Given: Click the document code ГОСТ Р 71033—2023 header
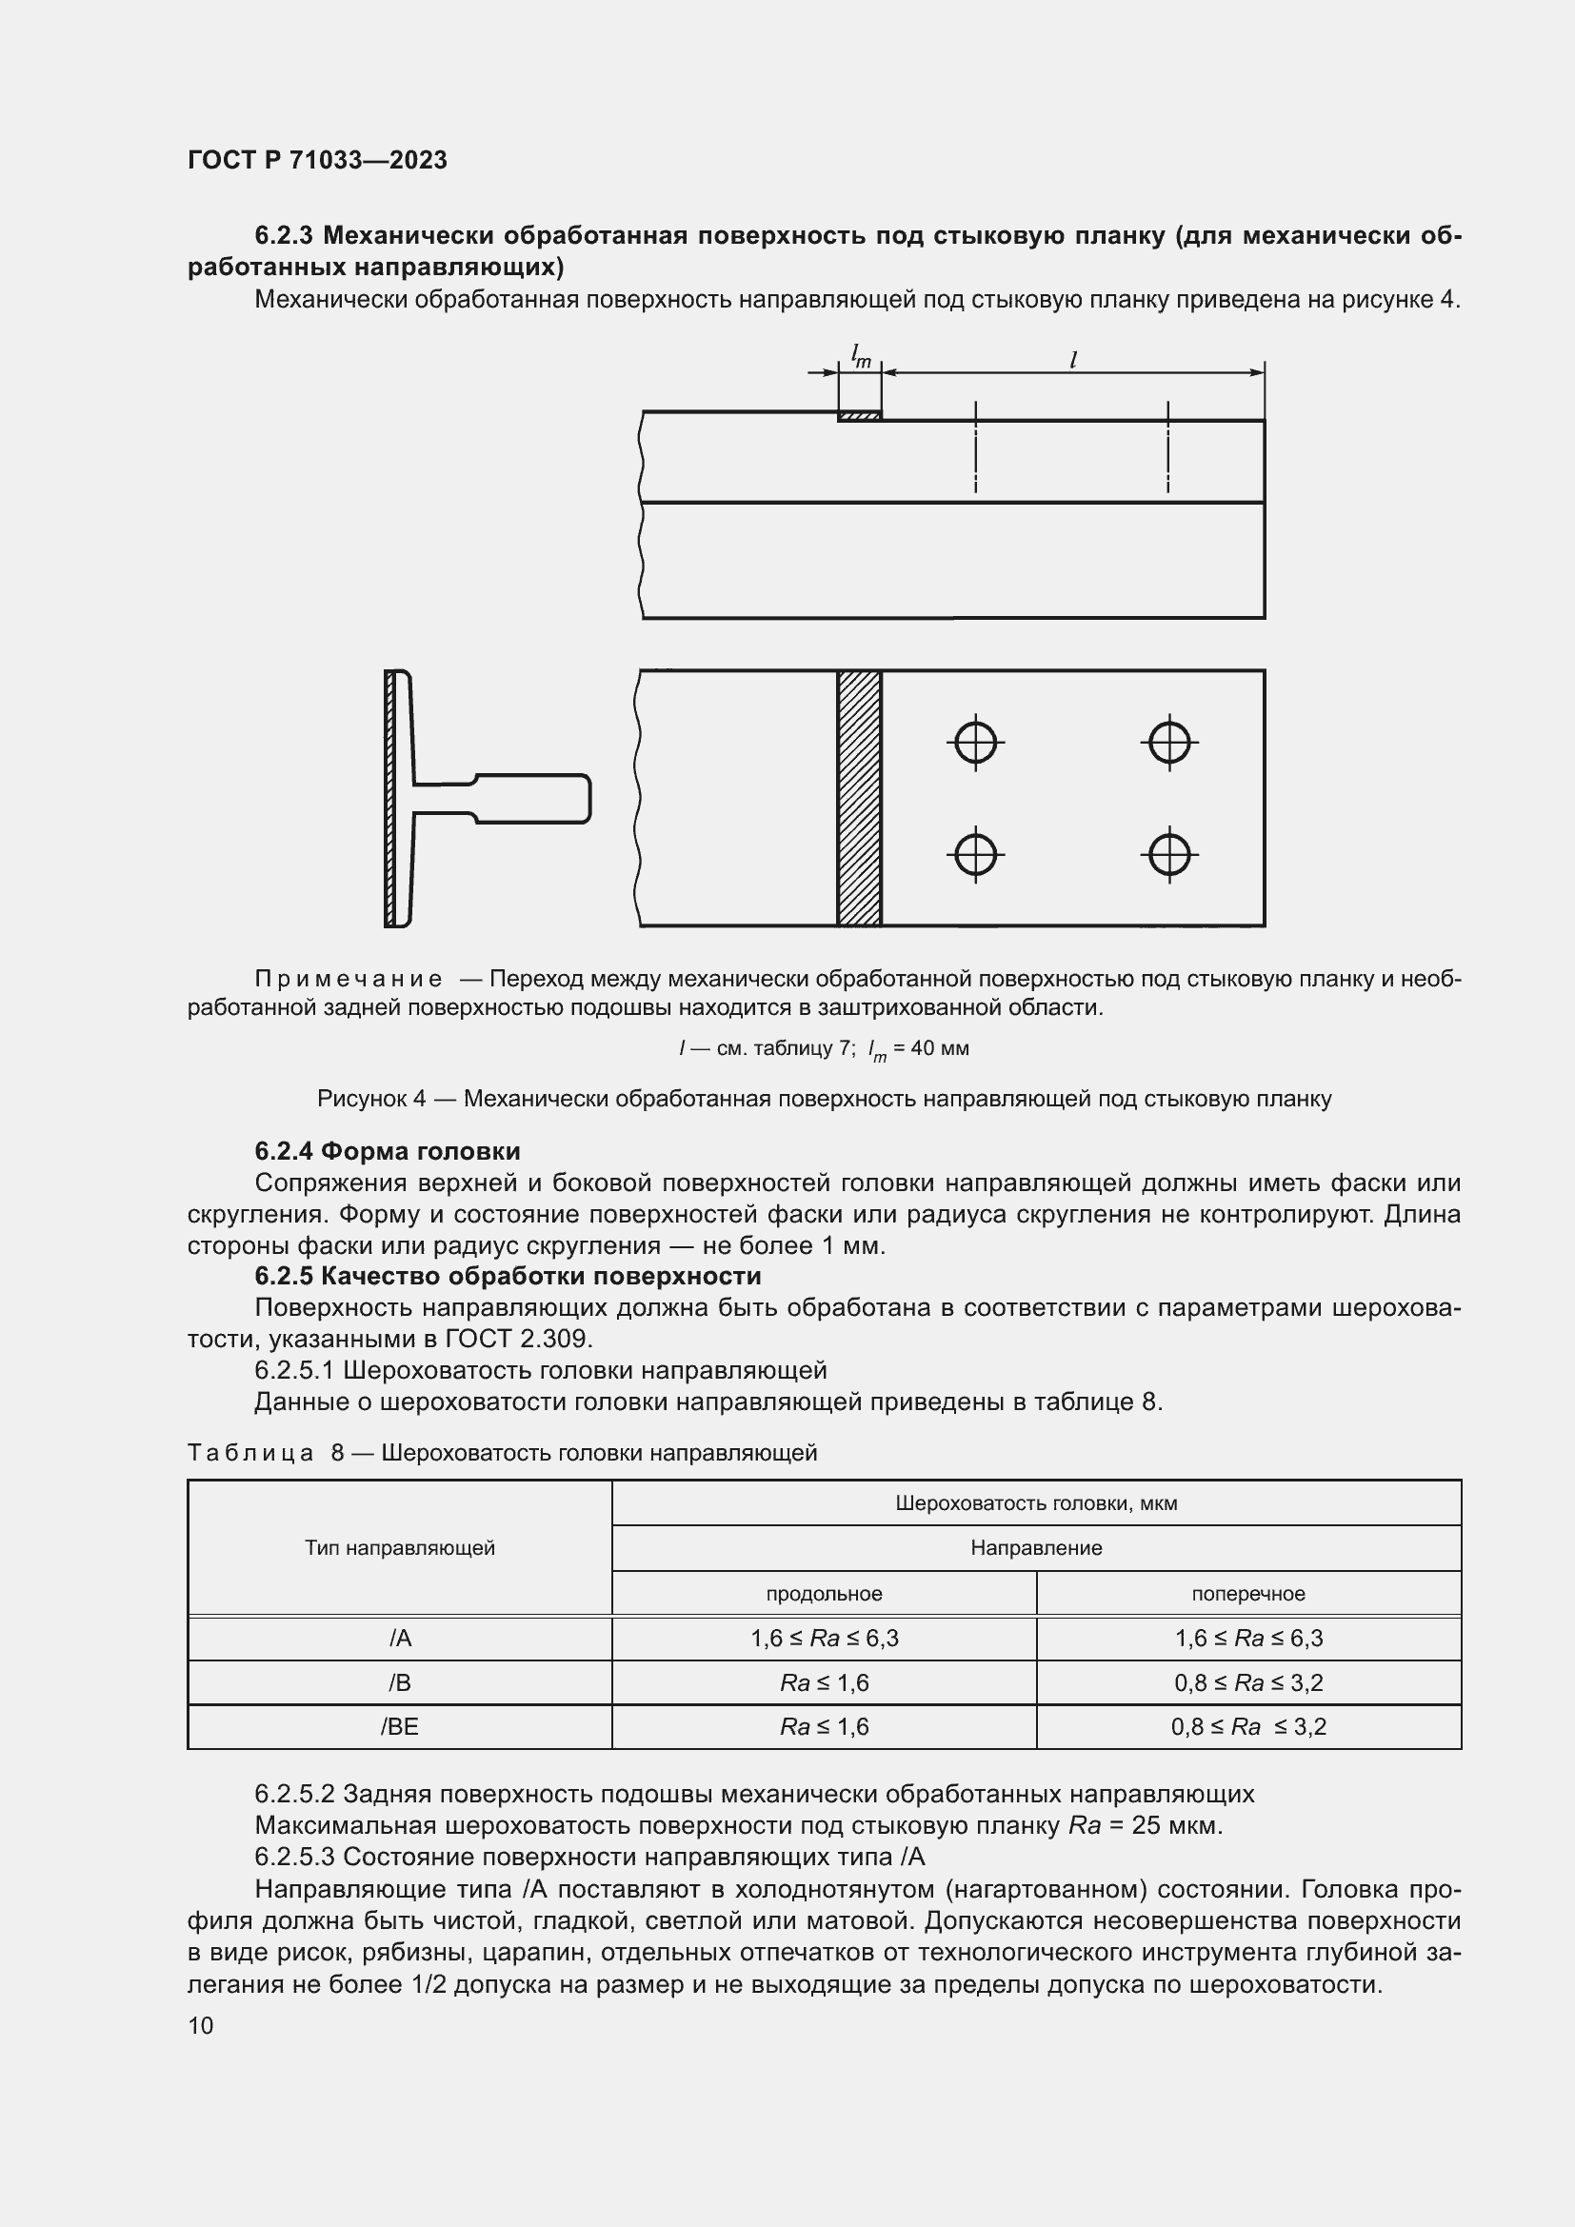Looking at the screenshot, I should pyautogui.click(x=317, y=160).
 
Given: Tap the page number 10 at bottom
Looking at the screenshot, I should pyautogui.click(x=201, y=2025).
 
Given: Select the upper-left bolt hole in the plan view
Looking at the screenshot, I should pyautogui.click(x=975, y=744).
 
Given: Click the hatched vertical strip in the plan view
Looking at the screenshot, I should pyautogui.click(x=859, y=797).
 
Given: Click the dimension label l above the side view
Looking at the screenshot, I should pyautogui.click(x=1072, y=361).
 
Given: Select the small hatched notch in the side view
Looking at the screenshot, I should pyautogui.click(x=859, y=416).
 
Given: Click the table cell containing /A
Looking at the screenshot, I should pyautogui.click(x=400, y=1639).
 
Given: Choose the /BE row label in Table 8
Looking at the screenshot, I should pyautogui.click(x=400, y=1726).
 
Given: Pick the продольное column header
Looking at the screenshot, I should pyautogui.click(x=824, y=1594).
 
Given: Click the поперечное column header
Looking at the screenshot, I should pyautogui.click(x=1248, y=1594).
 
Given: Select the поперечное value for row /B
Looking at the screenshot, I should pyautogui.click(x=1248, y=1682).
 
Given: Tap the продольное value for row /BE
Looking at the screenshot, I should pyautogui.click(x=824, y=1726).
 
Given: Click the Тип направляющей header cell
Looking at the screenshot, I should pyautogui.click(x=400, y=1548).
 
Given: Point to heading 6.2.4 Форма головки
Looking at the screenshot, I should pyautogui.click(x=387, y=1151).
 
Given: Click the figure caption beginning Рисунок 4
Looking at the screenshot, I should pyautogui.click(x=824, y=1099).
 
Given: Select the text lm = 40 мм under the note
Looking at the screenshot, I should pyautogui.click(x=917, y=1048).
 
